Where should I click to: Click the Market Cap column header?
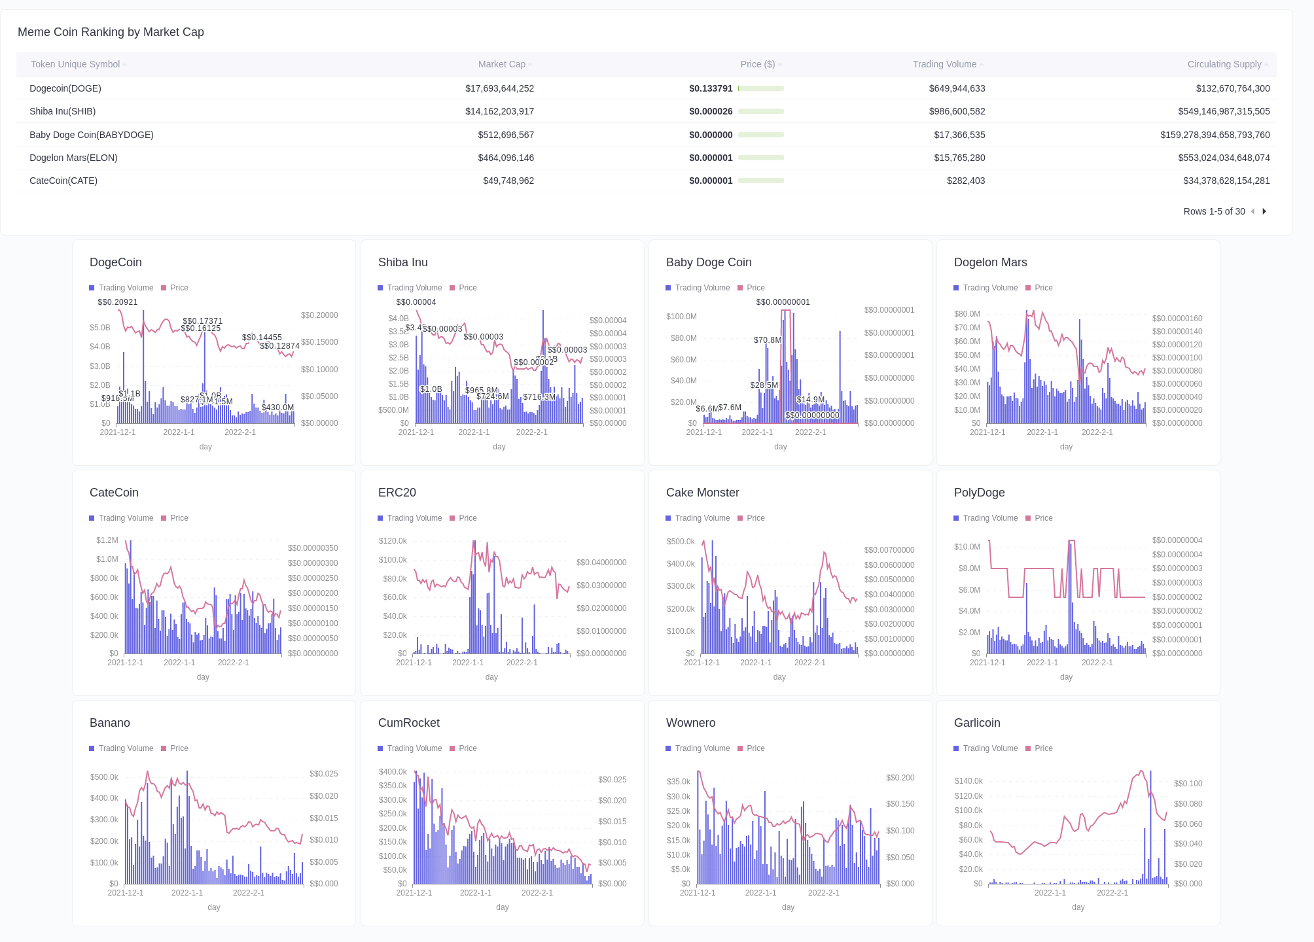click(501, 64)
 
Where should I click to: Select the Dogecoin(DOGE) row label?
click(65, 88)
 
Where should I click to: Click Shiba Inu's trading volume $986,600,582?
click(957, 111)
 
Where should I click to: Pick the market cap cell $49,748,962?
click(508, 181)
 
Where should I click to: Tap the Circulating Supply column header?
click(1224, 64)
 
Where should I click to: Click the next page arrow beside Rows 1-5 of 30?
click(1264, 211)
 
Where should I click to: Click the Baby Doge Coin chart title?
click(709, 262)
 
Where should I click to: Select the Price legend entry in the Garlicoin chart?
click(1043, 748)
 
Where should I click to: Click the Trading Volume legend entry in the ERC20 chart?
click(414, 518)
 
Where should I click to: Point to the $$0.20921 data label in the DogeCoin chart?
click(118, 302)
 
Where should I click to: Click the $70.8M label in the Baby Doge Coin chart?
click(767, 340)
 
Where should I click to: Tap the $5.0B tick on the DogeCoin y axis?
click(100, 328)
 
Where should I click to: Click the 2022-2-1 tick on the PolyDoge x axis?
click(1097, 663)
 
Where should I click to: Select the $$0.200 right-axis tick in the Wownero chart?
click(900, 778)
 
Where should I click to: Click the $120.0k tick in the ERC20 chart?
click(393, 541)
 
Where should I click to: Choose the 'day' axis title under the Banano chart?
click(214, 907)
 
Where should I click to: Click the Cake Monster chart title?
click(702, 493)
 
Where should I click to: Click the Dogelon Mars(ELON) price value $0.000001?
click(711, 158)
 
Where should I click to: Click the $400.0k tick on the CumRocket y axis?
click(393, 772)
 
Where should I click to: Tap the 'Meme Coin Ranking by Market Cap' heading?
click(111, 32)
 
